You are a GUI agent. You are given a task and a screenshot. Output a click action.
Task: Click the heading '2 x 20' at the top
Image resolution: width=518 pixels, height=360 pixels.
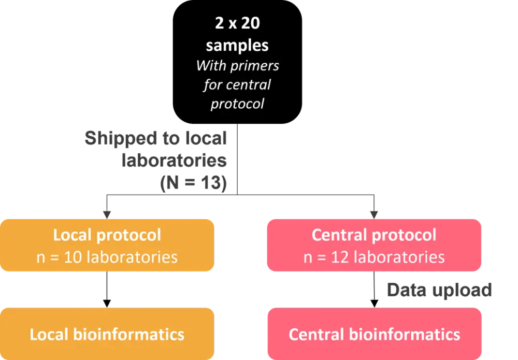click(237, 24)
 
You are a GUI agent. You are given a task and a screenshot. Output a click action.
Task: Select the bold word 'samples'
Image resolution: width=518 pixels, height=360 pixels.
click(237, 45)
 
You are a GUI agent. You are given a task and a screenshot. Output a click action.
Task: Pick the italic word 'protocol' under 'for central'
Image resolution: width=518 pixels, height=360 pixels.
click(237, 103)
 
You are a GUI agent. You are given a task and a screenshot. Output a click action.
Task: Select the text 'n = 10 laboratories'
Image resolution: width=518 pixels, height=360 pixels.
click(107, 257)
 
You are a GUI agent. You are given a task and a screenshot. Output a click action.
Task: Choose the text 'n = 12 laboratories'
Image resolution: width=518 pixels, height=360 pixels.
click(374, 257)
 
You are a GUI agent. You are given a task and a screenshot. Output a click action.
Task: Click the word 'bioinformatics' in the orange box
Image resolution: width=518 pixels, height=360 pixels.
click(128, 334)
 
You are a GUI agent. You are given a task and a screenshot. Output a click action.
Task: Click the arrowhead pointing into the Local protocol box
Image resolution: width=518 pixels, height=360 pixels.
click(107, 212)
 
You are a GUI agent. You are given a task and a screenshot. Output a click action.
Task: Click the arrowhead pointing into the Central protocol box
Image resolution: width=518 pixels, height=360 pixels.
click(374, 212)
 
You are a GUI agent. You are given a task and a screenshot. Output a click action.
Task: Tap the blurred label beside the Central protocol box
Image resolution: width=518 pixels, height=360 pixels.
click(439, 291)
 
